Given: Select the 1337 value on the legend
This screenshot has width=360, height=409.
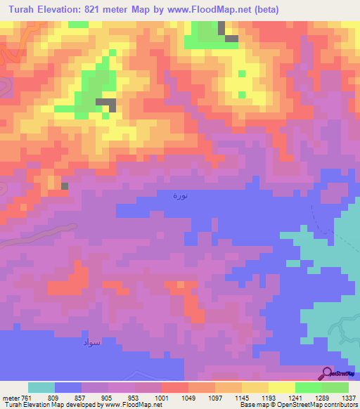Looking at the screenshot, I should coord(349,397).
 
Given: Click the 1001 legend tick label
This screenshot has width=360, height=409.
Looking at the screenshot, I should coord(162,397).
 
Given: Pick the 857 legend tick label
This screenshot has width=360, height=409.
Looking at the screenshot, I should coord(82,397).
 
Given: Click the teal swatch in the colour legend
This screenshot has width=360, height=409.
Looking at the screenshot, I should coord(41,387).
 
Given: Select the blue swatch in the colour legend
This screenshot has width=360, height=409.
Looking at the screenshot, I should coord(68,387).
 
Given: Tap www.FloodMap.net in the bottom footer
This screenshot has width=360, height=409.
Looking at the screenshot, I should coord(132,405).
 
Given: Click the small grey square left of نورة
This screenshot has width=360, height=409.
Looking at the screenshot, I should coord(65,186).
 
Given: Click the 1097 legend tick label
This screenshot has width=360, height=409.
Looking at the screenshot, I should coord(215,397).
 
